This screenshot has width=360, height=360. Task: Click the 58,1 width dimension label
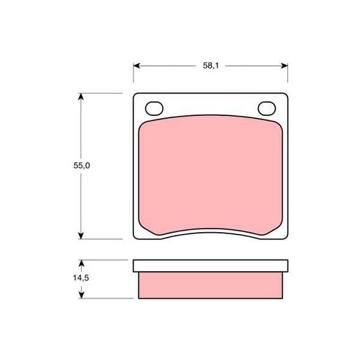(210, 66)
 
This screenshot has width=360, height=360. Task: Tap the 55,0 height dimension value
(82, 166)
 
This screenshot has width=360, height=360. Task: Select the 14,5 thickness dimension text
(81, 278)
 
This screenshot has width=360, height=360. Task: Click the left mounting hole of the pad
(154, 108)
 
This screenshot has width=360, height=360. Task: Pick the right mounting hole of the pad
(267, 108)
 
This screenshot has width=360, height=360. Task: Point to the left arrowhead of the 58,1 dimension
(136, 66)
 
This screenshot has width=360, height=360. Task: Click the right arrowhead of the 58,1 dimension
(285, 66)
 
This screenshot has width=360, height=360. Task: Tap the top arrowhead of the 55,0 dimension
(80, 96)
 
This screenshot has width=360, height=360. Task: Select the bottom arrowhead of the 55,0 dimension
(80, 236)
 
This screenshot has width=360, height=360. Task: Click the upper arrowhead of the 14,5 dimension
(81, 264)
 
